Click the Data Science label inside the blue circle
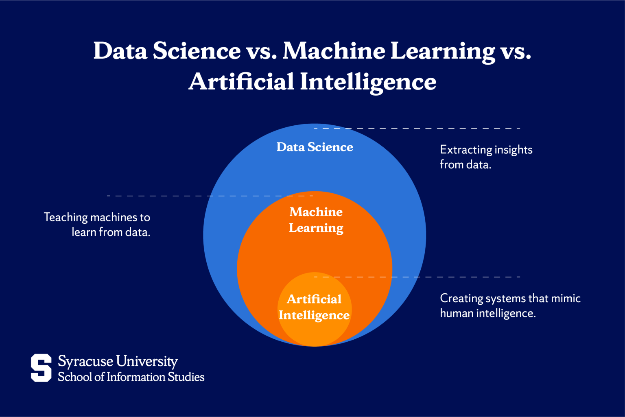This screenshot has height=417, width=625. (x=315, y=147)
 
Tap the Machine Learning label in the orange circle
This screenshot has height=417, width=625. (x=316, y=220)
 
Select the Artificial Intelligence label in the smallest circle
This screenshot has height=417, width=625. (x=314, y=307)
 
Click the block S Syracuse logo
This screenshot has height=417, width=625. (x=41, y=368)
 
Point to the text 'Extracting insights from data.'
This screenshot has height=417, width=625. (x=486, y=157)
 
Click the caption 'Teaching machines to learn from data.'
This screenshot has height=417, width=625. (x=97, y=225)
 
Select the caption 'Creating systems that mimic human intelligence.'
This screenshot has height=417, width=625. (x=510, y=306)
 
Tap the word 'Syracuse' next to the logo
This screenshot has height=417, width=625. (x=85, y=361)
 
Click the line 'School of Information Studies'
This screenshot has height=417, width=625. (x=131, y=377)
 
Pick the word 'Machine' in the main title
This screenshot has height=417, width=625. (x=334, y=51)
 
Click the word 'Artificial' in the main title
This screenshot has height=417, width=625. (x=241, y=81)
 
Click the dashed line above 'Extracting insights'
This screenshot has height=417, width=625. (x=417, y=128)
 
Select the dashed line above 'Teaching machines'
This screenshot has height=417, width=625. (x=210, y=196)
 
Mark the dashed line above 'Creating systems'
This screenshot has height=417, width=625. (x=417, y=277)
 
